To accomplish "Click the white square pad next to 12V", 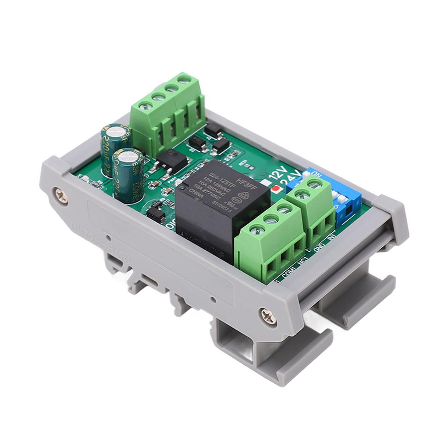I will (266, 183).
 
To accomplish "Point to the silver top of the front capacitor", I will (129, 155).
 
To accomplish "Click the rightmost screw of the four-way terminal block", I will (184, 79).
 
